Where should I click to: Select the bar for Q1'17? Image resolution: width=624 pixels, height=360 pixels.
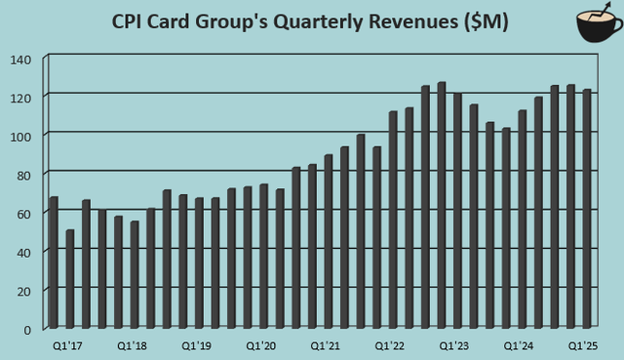54,262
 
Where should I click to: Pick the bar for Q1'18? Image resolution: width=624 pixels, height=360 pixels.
135,274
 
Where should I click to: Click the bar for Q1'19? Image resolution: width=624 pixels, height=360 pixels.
199,262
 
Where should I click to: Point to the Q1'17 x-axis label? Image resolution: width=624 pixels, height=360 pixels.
66,345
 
